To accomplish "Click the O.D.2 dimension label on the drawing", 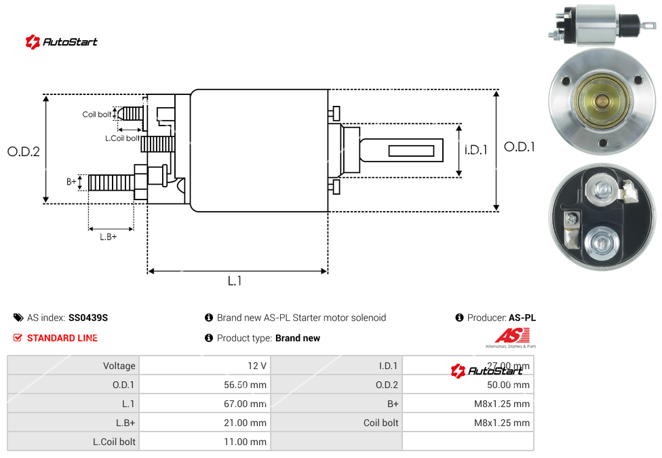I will point(24,151).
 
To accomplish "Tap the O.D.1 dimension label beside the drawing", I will point(520,147).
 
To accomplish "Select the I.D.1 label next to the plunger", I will point(476,150).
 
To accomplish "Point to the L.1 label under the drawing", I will point(235,281).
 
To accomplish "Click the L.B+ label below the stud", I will point(109,237).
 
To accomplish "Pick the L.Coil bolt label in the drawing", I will point(122,138).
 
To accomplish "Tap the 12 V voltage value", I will point(257,366).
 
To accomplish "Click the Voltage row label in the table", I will point(119,366).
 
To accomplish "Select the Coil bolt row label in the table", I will point(381,423).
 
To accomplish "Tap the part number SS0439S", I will point(88,318).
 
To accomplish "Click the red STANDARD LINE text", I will point(62,338).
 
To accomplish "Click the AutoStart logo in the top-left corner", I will point(62,42).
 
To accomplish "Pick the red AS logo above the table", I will point(512,335).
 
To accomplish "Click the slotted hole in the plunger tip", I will point(412,150).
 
